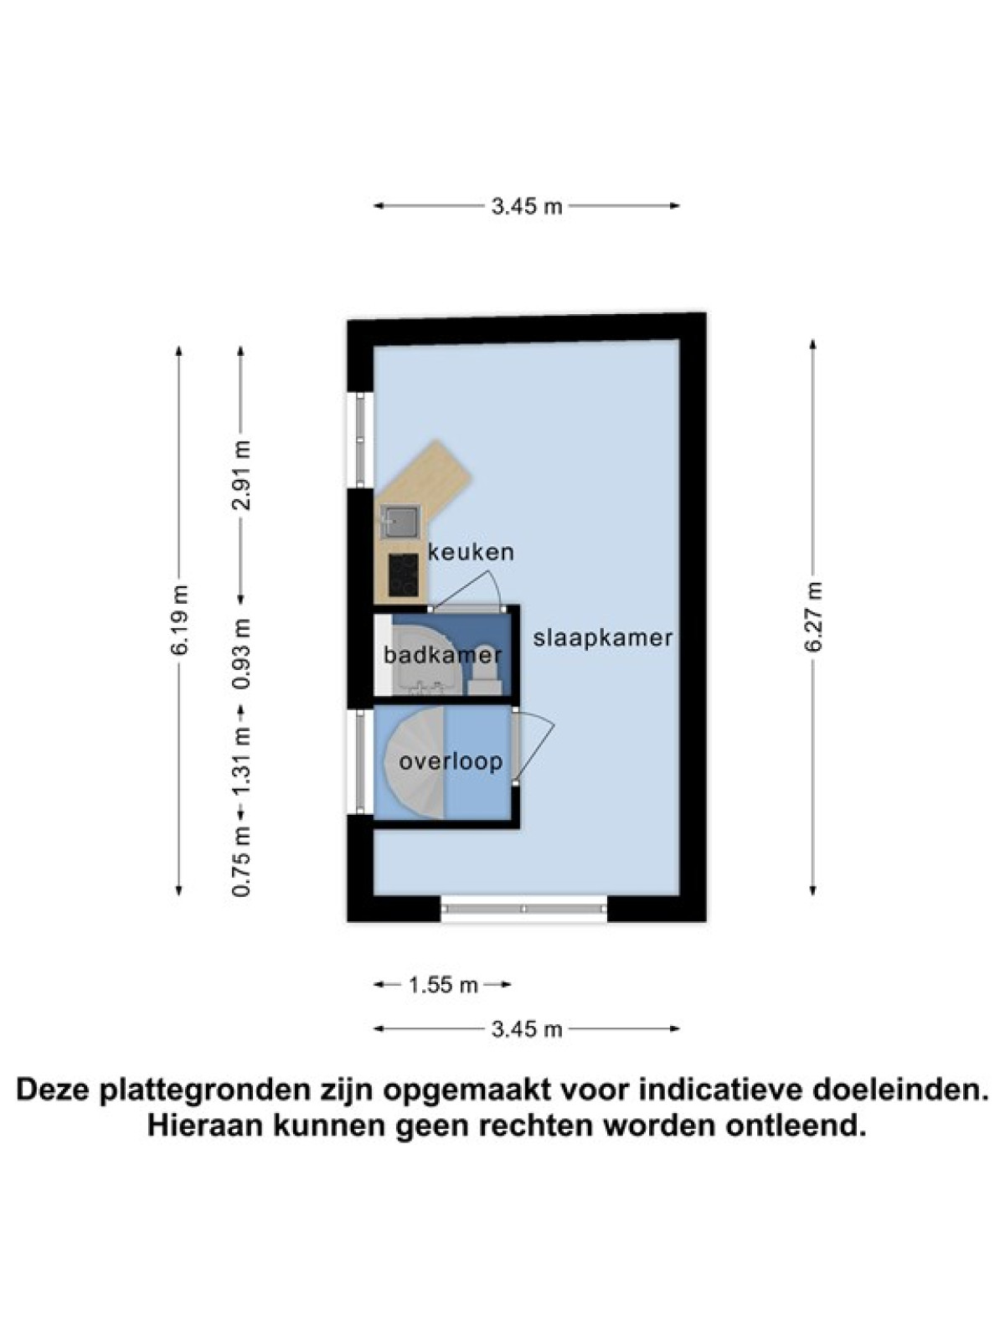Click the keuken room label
click(471, 552)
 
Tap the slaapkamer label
click(603, 638)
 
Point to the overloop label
click(451, 761)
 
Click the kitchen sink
click(399, 522)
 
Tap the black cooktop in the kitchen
click(404, 575)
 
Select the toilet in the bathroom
click(486, 670)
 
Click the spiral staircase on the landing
click(414, 761)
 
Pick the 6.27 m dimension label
click(812, 617)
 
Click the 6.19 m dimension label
click(179, 621)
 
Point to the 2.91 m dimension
click(242, 475)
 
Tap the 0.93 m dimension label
click(242, 653)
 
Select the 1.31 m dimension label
click(242, 760)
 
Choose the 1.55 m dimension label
click(443, 984)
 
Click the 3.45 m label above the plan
click(527, 206)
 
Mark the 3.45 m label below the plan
click(527, 1029)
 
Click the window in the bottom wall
click(523, 909)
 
